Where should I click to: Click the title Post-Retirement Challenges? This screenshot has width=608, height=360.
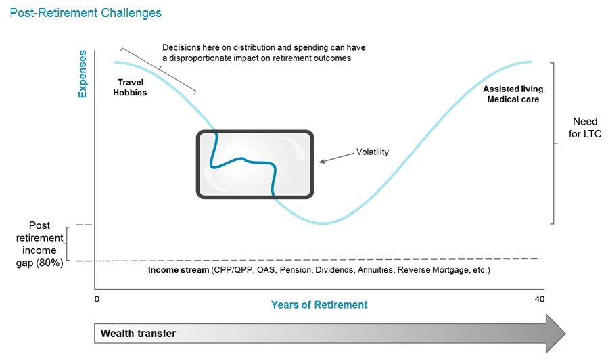(85, 13)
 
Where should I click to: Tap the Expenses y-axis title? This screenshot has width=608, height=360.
(83, 74)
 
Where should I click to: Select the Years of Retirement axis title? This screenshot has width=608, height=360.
(319, 305)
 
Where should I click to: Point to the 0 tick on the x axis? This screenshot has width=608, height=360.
(97, 299)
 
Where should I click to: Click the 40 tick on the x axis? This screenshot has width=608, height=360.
(540, 299)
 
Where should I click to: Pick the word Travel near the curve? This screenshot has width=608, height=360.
(131, 83)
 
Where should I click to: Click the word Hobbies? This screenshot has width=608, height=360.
(130, 93)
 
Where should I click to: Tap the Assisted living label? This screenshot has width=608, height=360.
(513, 89)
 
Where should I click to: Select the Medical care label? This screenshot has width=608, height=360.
(513, 99)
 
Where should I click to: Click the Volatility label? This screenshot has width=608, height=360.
(373, 152)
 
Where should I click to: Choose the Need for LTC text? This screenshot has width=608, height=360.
(585, 128)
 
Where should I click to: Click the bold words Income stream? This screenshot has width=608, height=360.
(179, 270)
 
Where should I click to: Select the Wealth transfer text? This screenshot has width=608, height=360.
(138, 333)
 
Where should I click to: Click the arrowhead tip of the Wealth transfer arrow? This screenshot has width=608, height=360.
(565, 333)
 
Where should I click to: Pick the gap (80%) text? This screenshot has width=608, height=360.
(39, 263)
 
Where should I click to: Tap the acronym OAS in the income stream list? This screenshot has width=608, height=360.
(266, 270)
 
